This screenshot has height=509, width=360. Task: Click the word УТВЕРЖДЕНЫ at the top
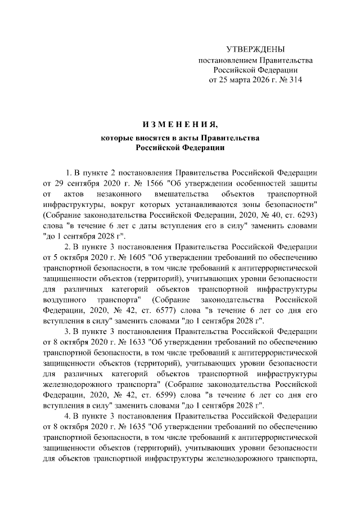255,50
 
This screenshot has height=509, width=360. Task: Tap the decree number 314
294,80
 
